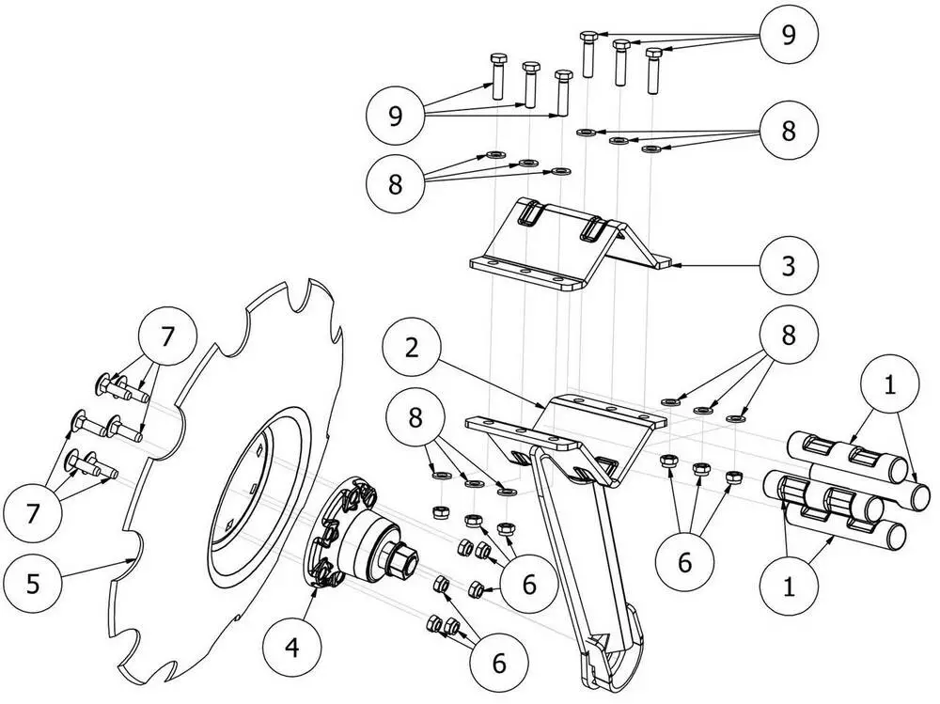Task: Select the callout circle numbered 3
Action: click(x=789, y=265)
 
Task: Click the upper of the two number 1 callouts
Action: click(x=888, y=384)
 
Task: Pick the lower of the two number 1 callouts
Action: click(x=788, y=587)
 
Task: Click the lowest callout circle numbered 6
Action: click(x=498, y=662)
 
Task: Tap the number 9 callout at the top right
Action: click(x=788, y=35)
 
